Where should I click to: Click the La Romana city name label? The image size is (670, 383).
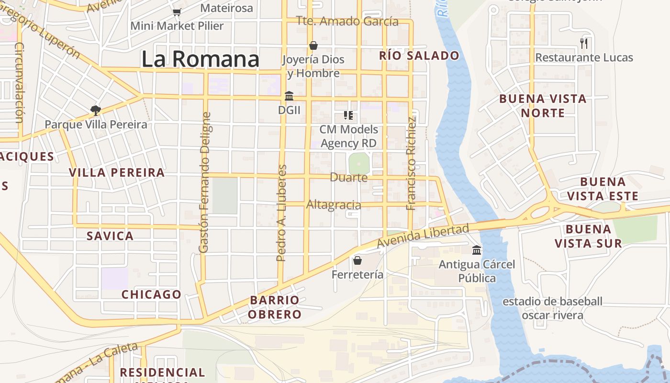200,59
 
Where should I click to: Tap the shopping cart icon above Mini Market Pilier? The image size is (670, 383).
177,12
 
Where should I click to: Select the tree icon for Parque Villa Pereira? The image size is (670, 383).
96,111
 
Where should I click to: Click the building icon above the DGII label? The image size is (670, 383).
289,96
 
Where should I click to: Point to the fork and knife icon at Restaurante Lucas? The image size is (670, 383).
584,44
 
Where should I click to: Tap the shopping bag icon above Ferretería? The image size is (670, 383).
357,260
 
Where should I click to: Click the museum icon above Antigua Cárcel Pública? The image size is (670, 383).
477,250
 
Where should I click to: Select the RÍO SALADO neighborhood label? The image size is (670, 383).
419,56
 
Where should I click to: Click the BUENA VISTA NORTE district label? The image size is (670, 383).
543,106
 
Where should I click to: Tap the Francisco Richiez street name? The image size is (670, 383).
411,163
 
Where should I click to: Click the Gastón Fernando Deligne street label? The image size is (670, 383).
204,182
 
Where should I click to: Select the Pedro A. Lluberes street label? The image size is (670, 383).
282,213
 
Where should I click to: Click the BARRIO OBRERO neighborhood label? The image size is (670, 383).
275,307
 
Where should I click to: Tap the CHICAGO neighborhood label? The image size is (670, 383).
151,294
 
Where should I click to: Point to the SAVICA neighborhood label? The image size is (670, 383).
110,236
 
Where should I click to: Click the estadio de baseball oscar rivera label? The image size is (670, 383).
552,308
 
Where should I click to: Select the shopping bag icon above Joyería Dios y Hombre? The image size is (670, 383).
313,45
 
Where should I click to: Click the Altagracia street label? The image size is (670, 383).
334,205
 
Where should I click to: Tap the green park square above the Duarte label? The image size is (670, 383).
358,164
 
